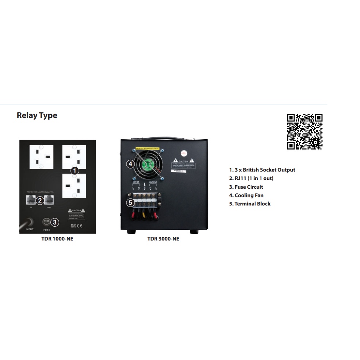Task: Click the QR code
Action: point(304,132)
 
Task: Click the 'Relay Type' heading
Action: point(37,115)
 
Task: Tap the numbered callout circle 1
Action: point(74,170)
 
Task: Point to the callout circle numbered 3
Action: point(55,221)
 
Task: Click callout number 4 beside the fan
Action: point(130,164)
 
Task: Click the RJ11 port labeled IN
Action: point(31,200)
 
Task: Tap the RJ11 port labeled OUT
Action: point(49,200)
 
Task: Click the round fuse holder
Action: point(46,221)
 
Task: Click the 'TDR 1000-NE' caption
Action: point(57,239)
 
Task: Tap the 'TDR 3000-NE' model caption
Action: point(163,239)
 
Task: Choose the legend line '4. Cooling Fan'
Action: point(246,196)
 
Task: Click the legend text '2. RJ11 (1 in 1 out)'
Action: point(251,178)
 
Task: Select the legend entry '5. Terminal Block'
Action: point(250,204)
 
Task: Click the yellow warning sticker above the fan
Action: point(147,148)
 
